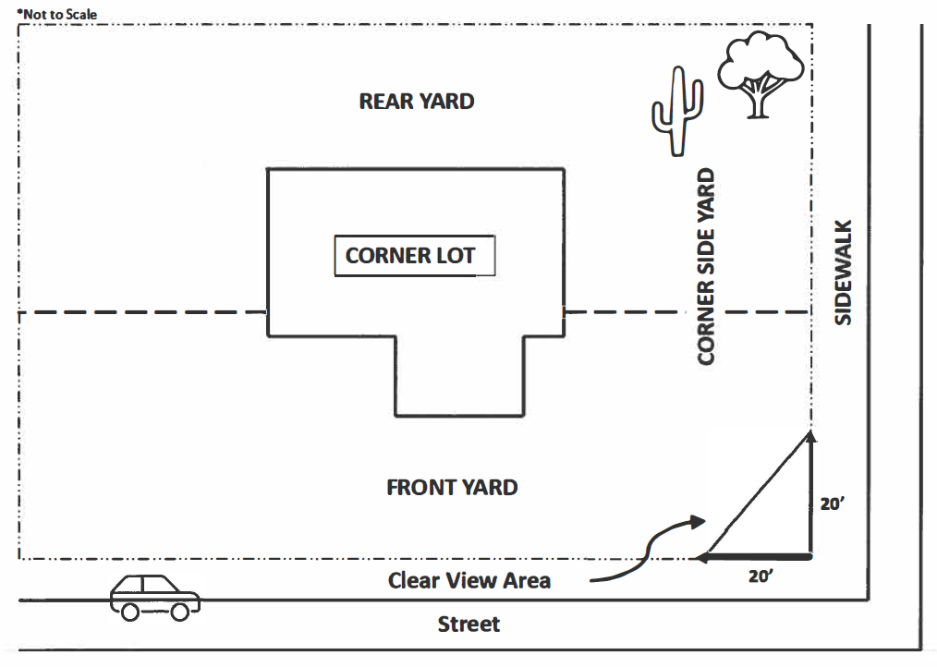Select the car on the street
point(154,596)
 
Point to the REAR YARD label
point(417,102)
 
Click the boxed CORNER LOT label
point(414,256)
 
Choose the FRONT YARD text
point(452,487)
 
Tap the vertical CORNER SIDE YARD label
point(707,266)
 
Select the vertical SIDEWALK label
point(843,272)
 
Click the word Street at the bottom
point(468,625)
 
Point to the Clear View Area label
point(469,580)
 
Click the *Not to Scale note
point(57,14)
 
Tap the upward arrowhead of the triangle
point(810,437)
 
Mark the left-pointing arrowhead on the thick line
point(703,557)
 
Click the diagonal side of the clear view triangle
point(757,494)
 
